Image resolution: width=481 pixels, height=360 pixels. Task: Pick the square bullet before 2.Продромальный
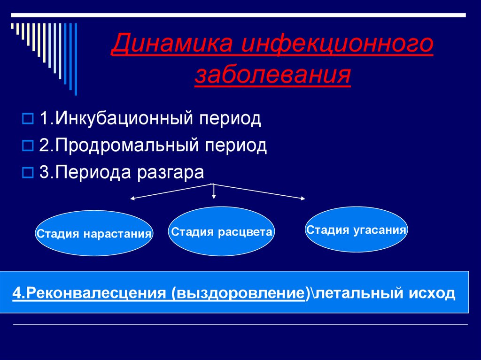[27, 146]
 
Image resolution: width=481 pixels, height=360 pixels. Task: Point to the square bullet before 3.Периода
[27, 173]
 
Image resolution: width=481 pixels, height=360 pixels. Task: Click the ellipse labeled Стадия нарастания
[94, 233]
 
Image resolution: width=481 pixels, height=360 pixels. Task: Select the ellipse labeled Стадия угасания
[356, 230]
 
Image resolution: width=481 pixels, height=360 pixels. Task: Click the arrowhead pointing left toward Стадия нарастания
[132, 199]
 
